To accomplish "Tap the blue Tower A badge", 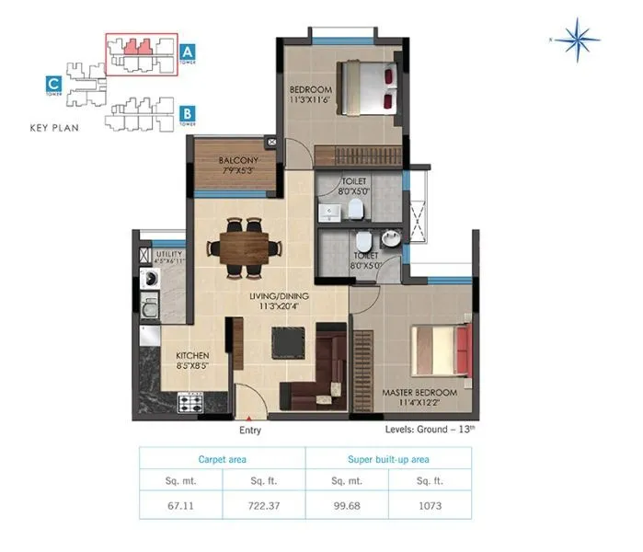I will pos(188,52).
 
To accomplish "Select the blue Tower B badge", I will pos(188,115).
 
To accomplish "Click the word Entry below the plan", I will pos(250,430).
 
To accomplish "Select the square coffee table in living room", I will pos(287,343).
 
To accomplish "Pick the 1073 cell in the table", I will pos(430,503).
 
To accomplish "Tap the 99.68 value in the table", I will pos(347,503).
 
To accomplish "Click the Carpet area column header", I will pos(222,458).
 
